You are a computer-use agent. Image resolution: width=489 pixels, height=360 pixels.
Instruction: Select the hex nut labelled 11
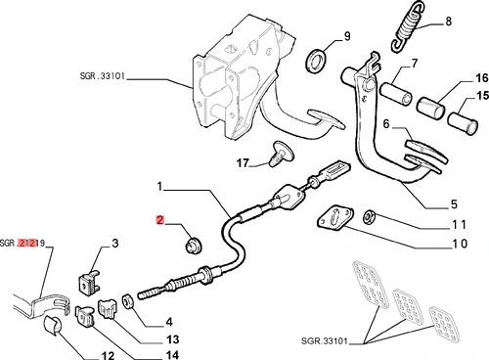click(x=369, y=216)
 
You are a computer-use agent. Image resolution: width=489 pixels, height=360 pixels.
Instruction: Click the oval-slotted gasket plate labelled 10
click(x=335, y=218)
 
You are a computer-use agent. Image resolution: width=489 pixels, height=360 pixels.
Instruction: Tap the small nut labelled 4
click(x=127, y=301)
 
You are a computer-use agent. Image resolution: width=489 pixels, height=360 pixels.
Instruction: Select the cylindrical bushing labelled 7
click(x=395, y=94)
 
